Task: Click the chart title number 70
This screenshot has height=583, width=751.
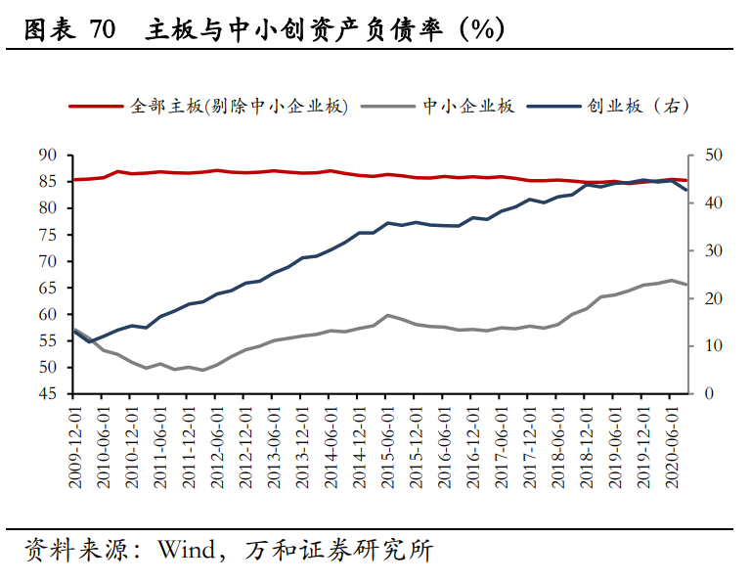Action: click(x=102, y=31)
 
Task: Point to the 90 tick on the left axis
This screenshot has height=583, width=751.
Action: click(x=48, y=155)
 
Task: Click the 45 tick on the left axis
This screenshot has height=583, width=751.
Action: click(x=48, y=394)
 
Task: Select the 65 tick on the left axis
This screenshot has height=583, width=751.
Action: click(x=48, y=288)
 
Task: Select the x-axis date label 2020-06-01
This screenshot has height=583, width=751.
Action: click(x=673, y=445)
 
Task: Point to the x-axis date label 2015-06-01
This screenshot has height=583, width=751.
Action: click(x=388, y=445)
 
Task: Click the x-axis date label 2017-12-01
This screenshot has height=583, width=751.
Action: click(x=531, y=445)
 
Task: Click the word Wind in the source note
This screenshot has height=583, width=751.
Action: click(x=184, y=551)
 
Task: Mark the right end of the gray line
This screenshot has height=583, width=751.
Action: click(x=686, y=285)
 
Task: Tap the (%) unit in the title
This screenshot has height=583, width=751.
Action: click(x=480, y=31)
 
